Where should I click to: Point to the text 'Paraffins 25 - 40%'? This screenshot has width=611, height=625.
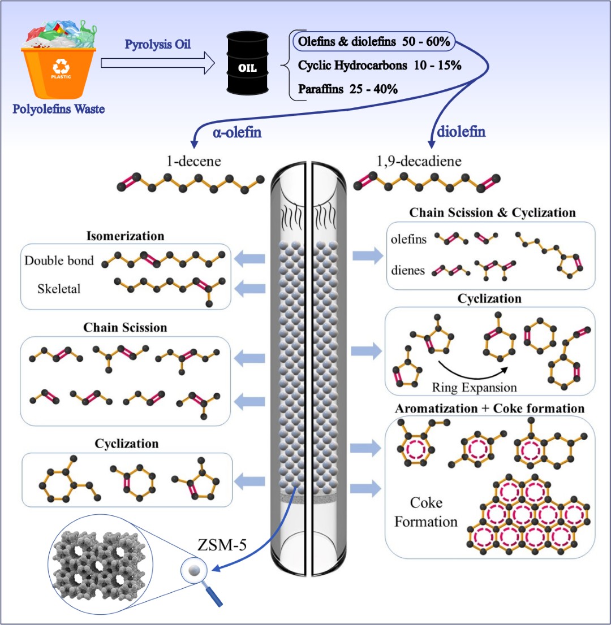point(348,89)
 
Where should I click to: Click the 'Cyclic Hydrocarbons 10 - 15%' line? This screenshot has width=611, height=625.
point(379,66)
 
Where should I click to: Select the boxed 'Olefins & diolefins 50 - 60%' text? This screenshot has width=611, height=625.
point(373,42)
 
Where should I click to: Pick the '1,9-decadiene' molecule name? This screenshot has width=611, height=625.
point(419,162)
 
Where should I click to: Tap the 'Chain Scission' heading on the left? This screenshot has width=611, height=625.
point(125,328)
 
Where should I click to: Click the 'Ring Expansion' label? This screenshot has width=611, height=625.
point(474,387)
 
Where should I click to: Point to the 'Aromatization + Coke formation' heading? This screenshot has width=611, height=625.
point(490,407)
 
